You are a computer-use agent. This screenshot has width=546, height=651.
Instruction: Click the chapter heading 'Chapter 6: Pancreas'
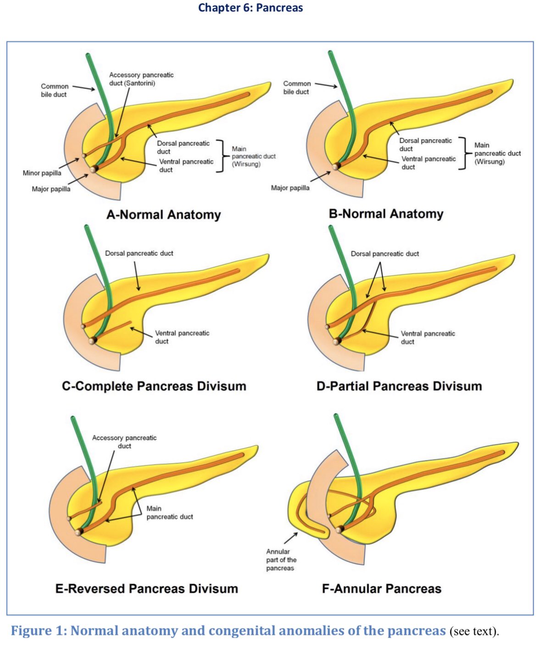coord(250,8)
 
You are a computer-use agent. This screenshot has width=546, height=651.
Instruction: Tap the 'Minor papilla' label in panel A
coord(42,173)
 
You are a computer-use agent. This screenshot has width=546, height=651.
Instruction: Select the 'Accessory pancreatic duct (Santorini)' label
coord(141,79)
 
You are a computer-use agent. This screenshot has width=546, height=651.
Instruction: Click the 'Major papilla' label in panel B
coord(290,188)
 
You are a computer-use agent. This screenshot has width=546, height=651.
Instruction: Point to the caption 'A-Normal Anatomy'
coord(163,215)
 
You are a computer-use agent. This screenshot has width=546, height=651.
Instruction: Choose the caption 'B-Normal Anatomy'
coord(386,214)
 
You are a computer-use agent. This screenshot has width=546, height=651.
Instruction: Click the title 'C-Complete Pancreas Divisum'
coord(154,386)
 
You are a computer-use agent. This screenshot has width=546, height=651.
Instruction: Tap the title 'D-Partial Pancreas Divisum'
coord(399,386)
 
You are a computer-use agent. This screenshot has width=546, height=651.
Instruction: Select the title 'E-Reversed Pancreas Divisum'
coord(146,589)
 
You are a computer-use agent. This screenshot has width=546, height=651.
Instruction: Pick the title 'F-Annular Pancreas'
coord(381,589)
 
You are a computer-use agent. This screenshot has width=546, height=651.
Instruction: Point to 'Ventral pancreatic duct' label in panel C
coord(182,337)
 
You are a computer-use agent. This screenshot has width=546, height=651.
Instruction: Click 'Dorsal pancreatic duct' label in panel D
coord(385,254)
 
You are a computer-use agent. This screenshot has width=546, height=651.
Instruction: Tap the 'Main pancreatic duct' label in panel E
coord(170,512)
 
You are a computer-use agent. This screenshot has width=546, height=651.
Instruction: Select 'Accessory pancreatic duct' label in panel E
coord(124,442)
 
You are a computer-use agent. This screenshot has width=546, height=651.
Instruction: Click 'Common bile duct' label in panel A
coord(54,90)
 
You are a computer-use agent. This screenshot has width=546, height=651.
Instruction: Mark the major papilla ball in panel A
coord(94,169)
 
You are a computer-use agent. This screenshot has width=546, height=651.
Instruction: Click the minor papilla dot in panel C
coord(83,327)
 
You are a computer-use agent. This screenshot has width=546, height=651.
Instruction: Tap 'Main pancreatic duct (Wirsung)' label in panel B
coord(497,153)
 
